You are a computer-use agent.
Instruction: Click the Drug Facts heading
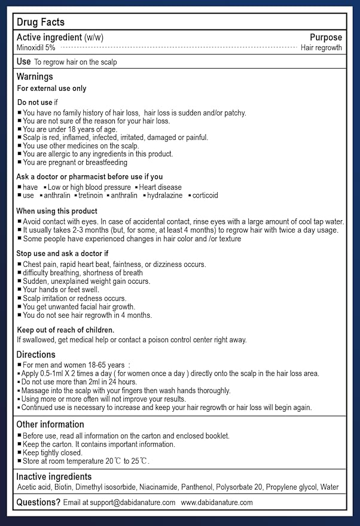(41, 22)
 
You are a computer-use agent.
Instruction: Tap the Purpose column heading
(326, 37)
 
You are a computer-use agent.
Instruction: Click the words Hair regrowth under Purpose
(321, 47)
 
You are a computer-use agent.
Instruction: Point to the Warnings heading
(35, 77)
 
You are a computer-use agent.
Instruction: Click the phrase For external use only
(51, 89)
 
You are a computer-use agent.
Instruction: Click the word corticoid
(205, 196)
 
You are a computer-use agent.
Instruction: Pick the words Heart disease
(160, 187)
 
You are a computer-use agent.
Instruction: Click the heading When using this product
(57, 211)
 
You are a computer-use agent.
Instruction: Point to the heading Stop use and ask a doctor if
(62, 254)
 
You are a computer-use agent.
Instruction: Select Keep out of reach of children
(66, 330)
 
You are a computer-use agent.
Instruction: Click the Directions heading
(36, 355)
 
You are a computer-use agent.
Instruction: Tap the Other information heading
(50, 424)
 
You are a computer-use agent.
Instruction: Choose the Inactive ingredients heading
(54, 476)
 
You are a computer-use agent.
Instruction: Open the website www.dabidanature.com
(216, 503)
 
